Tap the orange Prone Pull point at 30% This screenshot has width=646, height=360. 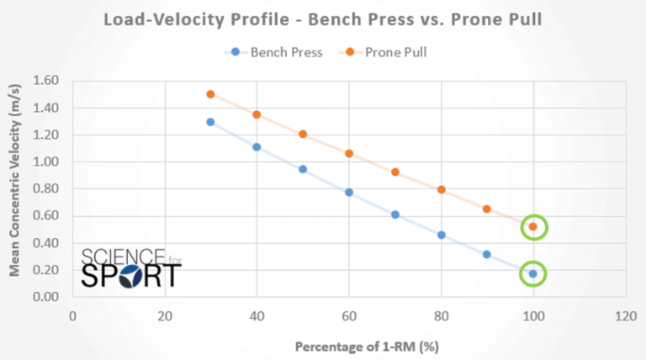click(210, 94)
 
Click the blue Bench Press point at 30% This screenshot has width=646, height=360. click(210, 122)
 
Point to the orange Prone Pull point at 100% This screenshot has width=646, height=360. click(532, 226)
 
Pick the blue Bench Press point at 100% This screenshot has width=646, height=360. click(532, 273)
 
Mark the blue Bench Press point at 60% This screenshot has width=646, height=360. click(349, 193)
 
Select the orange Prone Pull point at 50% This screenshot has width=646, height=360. click(303, 134)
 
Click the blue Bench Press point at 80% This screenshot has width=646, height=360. click(441, 235)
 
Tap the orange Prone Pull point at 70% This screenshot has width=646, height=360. click(394, 172)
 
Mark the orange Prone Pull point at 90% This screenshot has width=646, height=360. click(486, 209)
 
